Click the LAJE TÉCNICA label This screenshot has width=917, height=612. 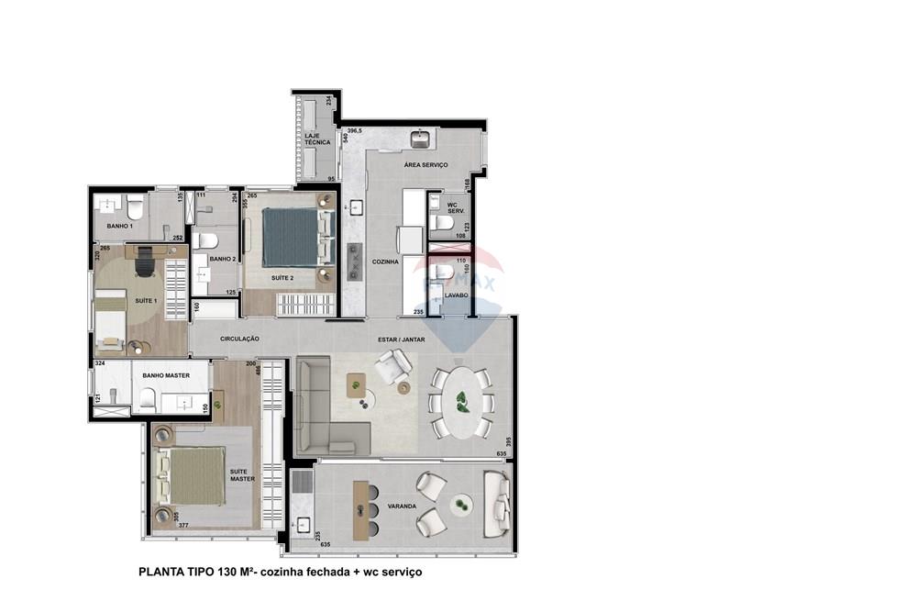coord(317,139)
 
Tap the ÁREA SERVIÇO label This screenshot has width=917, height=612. coord(425,165)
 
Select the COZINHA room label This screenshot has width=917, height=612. coord(385,262)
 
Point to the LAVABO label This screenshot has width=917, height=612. coord(457,295)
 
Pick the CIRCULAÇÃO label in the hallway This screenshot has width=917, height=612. coord(239,339)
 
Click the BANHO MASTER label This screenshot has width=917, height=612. coord(165,374)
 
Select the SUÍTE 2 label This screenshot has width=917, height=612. coord(282,277)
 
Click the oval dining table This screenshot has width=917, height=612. coord(461,402)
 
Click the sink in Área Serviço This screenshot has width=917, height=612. coord(422,139)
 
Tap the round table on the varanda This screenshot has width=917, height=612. coord(461,503)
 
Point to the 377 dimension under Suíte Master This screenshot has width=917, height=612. coord(183,526)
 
